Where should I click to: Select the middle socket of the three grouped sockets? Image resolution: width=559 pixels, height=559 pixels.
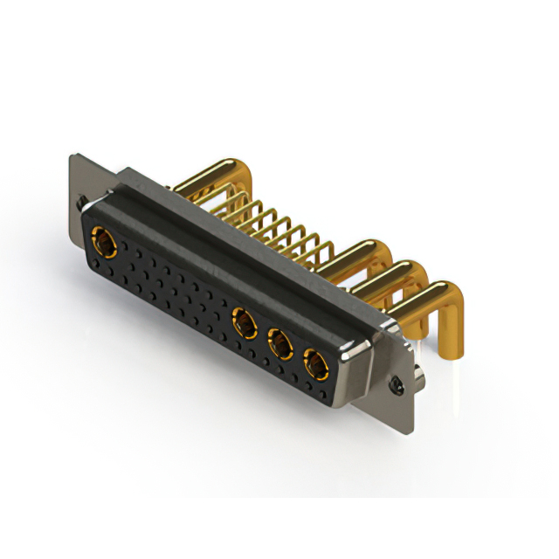pyautogui.click(x=280, y=344)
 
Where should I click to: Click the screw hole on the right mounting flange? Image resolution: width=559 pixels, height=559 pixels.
pyautogui.click(x=399, y=382)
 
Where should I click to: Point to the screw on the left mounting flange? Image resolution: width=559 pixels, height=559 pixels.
pyautogui.click(x=83, y=204)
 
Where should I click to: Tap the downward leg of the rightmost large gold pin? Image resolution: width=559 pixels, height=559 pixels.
pyautogui.click(x=452, y=336)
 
